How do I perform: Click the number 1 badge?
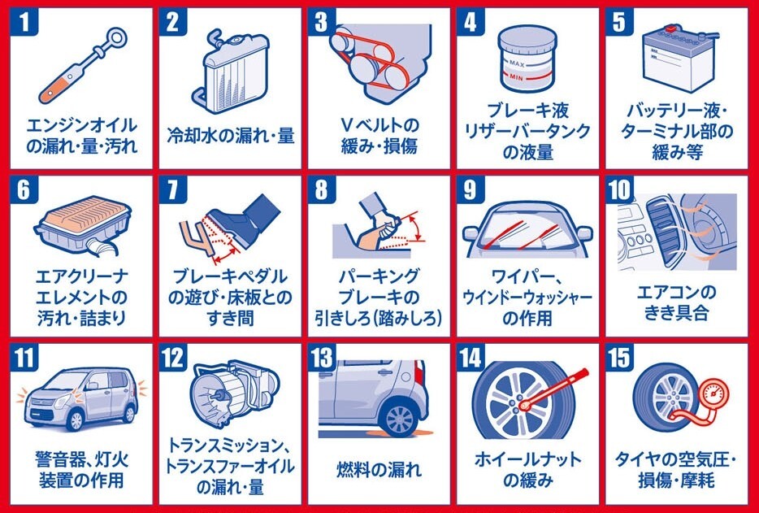pyautogui.click(x=24, y=21)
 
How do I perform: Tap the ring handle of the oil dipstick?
pyautogui.click(x=118, y=37)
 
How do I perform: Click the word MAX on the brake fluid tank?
pyautogui.click(x=517, y=63)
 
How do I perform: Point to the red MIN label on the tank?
pyautogui.click(x=517, y=77)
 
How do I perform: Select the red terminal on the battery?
pyautogui.click(x=670, y=29)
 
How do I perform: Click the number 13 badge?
pyautogui.click(x=322, y=358)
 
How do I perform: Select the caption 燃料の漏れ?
pyautogui.click(x=379, y=469)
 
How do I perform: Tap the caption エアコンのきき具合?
pyautogui.click(x=676, y=302)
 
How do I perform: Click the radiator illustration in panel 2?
pyautogui.click(x=232, y=70)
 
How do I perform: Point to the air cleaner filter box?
pyautogui.click(x=83, y=224)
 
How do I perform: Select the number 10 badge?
pyautogui.click(x=619, y=189)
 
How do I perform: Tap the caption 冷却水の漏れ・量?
pyautogui.click(x=231, y=136)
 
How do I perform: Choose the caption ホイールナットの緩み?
pyautogui.click(x=527, y=469)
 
